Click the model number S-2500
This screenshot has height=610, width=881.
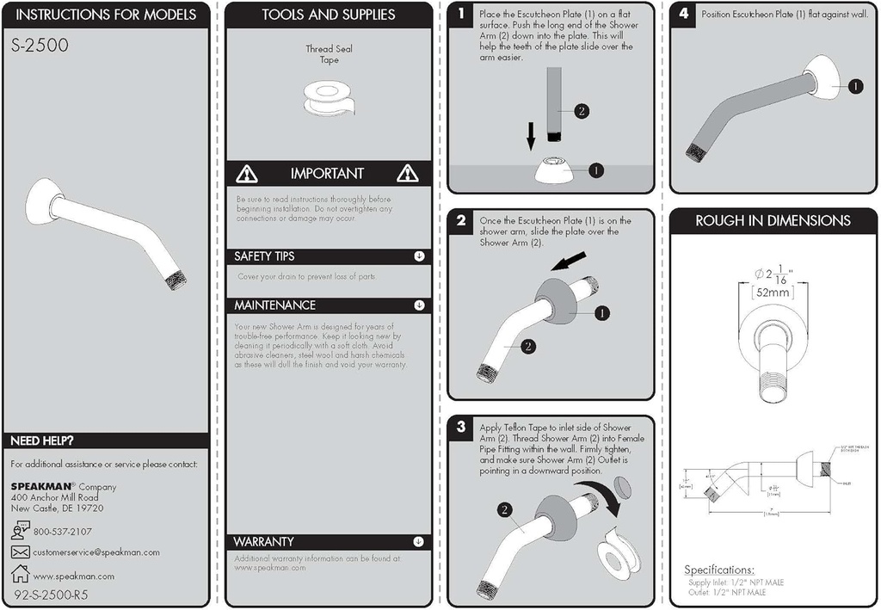(40, 46)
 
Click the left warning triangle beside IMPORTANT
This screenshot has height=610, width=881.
(247, 174)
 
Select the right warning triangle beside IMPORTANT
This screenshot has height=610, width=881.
(407, 174)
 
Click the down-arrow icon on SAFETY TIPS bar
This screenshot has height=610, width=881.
(419, 256)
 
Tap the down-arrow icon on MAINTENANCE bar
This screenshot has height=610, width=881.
(419, 305)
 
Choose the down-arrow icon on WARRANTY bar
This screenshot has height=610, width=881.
(419, 542)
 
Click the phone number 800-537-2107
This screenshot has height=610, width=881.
(63, 532)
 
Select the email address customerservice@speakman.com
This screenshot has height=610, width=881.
(96, 552)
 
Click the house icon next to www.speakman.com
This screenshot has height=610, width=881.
(21, 574)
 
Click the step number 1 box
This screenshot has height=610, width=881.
(462, 15)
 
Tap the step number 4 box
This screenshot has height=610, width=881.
(684, 15)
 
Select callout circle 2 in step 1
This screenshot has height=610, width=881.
(582, 111)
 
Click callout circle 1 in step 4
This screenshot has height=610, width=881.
(856, 86)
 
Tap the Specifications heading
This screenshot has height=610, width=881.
(719, 570)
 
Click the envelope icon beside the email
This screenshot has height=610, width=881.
(21, 551)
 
